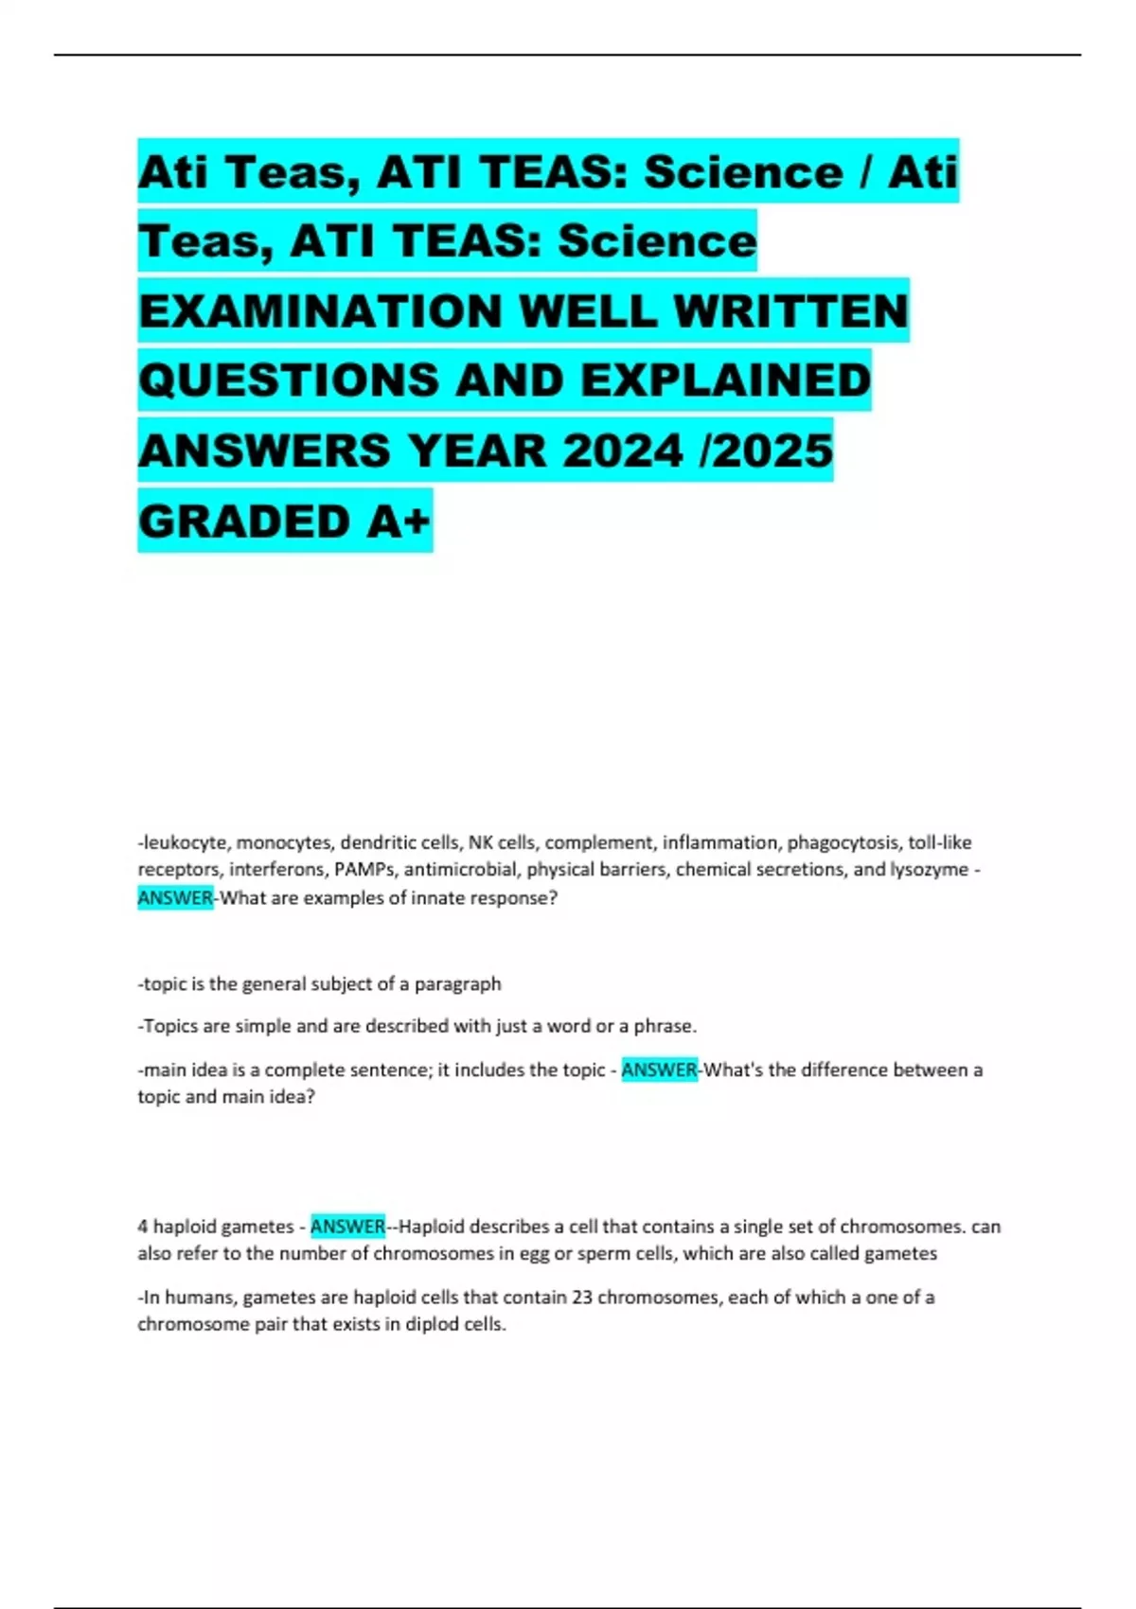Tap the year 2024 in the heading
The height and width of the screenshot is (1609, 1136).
[x=623, y=451]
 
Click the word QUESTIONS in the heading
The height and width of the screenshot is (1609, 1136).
[x=289, y=380]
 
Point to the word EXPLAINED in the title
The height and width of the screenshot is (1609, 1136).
[x=725, y=380]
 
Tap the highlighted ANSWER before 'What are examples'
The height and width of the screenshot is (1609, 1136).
[x=175, y=897]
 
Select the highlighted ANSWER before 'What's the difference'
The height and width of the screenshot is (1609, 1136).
[x=659, y=1070]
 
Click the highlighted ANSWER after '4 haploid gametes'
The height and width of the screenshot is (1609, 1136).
[x=347, y=1226]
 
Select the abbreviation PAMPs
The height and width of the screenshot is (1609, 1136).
[x=364, y=869]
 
